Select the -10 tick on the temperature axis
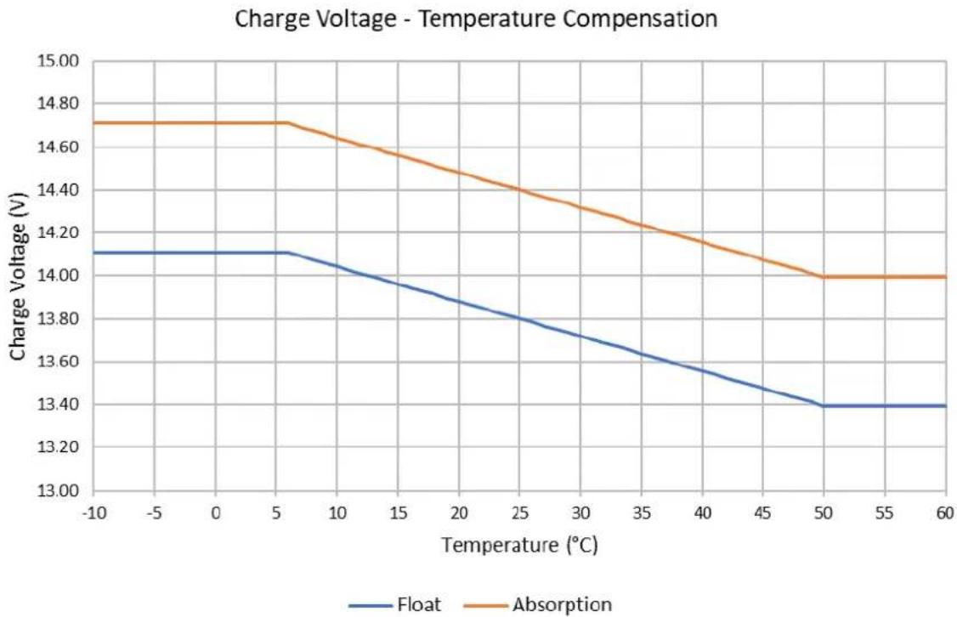93,513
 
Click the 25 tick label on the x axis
519,513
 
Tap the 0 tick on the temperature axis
215,513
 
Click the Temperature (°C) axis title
519,545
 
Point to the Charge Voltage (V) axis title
19,276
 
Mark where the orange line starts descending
288,122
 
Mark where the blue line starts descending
288,252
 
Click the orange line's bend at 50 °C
824,277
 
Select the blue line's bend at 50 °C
824,405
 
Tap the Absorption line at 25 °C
519,190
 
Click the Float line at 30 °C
580,336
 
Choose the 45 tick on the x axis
762,513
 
